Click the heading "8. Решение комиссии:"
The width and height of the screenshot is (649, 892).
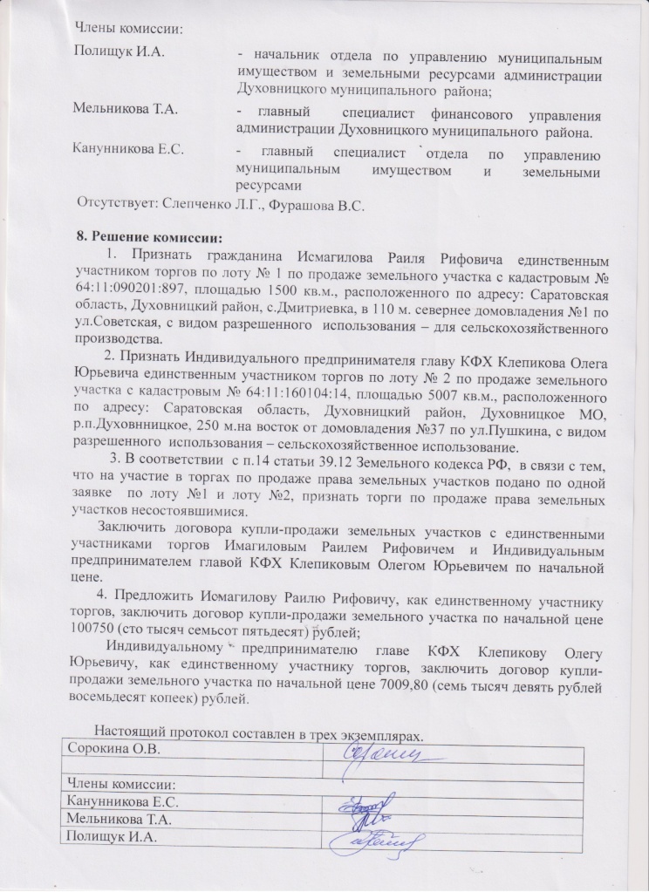(150, 238)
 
